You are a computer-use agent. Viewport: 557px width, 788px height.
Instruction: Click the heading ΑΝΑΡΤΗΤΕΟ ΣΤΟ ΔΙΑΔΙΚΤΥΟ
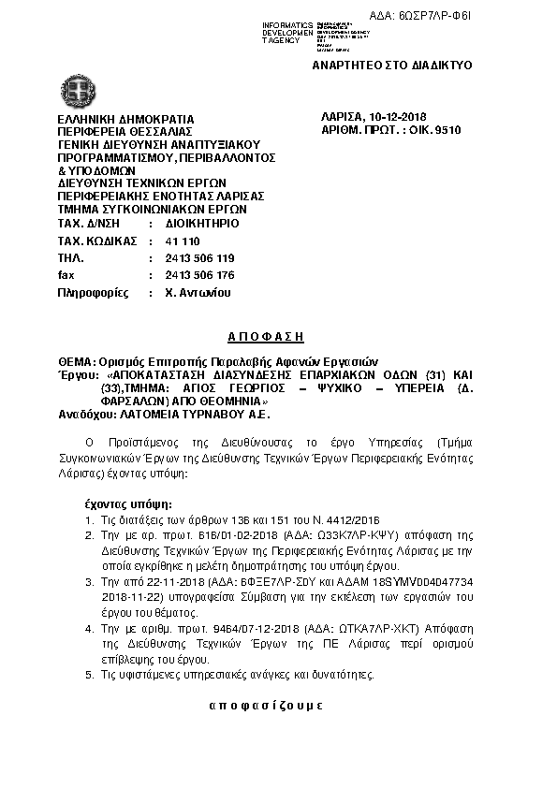coord(391,66)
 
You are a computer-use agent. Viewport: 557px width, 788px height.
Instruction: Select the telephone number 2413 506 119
coord(199,258)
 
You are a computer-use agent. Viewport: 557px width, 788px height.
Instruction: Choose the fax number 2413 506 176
coord(199,275)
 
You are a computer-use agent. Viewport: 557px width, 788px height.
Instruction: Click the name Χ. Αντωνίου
coord(197,292)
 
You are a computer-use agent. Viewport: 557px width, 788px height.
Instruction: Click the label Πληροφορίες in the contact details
coord(93,292)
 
